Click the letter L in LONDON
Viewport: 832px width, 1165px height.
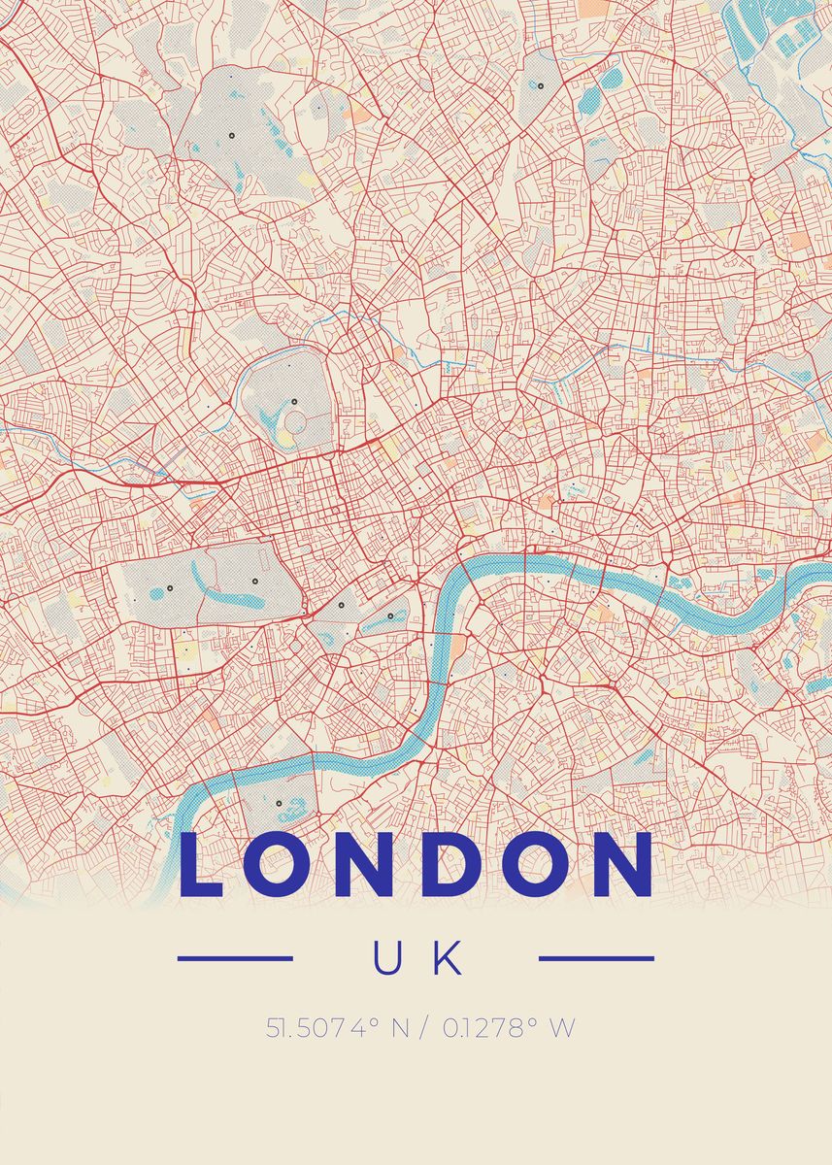201,865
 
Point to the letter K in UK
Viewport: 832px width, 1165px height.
448,959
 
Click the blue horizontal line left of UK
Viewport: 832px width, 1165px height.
235,959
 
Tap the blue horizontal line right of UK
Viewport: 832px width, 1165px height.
595,959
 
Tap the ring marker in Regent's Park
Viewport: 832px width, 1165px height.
292,402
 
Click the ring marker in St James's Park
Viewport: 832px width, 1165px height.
390,616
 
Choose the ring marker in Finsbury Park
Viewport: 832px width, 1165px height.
540,85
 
